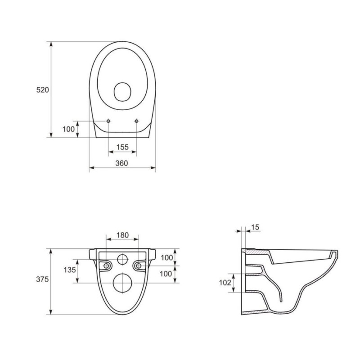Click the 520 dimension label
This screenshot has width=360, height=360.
pyautogui.click(x=42, y=90)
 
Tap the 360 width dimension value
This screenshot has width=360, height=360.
pyautogui.click(x=121, y=163)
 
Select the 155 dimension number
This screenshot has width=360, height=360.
pyautogui.click(x=122, y=147)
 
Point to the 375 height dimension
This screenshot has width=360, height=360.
pyautogui.click(x=42, y=279)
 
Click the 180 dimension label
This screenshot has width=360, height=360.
pyautogui.click(x=122, y=235)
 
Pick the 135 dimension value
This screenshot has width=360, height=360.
pyautogui.click(x=70, y=270)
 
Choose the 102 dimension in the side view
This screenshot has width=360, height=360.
pyautogui.click(x=225, y=283)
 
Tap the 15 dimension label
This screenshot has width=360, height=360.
pyautogui.click(x=255, y=227)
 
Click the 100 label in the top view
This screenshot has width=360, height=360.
pyautogui.click(x=69, y=129)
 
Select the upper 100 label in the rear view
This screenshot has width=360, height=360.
pyautogui.click(x=166, y=258)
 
